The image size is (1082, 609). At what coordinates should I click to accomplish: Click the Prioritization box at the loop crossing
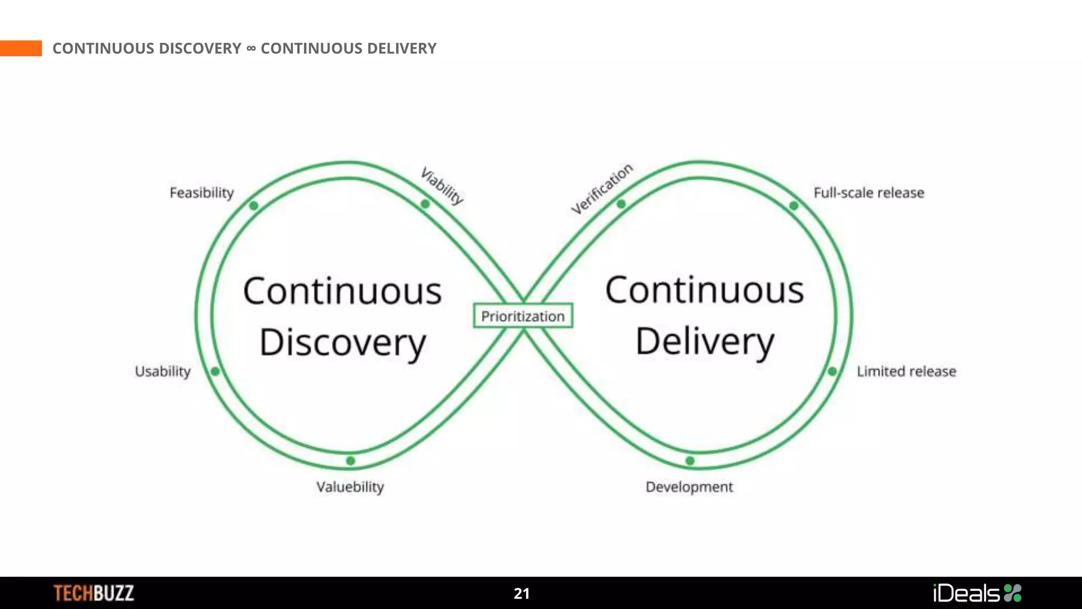pos(523,316)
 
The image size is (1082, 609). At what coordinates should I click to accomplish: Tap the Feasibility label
pos(202,193)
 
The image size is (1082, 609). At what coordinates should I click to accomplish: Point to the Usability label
pos(163,372)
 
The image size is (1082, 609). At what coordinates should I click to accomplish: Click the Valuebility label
pos(350,487)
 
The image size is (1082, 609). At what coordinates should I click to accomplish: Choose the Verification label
pos(602,189)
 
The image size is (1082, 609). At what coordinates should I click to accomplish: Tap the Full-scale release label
pos(869,193)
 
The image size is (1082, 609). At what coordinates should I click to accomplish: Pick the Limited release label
pos(907,372)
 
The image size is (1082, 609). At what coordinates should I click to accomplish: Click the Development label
pos(689,487)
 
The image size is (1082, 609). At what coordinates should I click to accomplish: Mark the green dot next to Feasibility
pos(254,206)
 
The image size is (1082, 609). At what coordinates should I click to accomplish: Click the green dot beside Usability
pos(215,372)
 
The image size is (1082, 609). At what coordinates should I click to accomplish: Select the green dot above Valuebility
pos(350,461)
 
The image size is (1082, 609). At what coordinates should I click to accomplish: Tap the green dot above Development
pos(690,461)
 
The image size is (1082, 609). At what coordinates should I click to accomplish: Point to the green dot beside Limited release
pos(832,372)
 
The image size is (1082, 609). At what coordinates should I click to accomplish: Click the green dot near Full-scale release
pos(794,206)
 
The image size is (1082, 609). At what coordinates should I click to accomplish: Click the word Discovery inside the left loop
pos(343,343)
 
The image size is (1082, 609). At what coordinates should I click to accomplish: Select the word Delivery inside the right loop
pos(705,342)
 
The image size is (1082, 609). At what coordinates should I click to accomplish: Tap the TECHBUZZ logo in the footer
pos(94,593)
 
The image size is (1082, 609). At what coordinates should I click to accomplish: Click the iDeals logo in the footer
pos(977,593)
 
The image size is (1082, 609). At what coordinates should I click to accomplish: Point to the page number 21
pos(521,594)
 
